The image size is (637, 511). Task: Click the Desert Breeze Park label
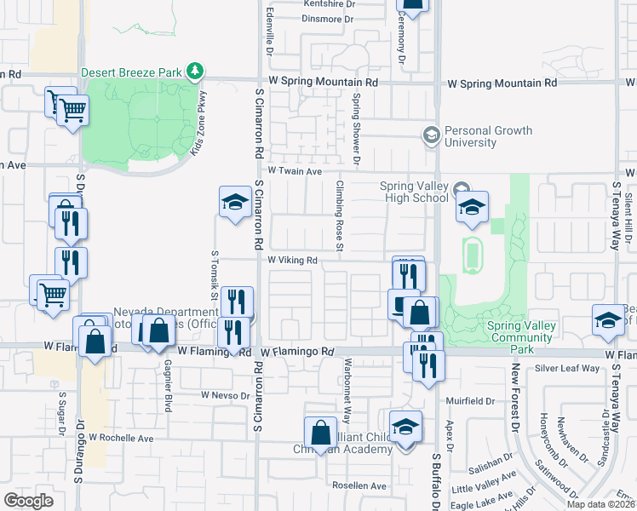point(131,72)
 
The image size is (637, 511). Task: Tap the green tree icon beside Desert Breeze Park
point(196,71)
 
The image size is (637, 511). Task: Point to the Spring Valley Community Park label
point(521,331)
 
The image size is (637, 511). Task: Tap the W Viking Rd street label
point(293,260)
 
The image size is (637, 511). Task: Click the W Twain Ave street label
point(293,171)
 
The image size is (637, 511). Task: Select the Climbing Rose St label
point(339,216)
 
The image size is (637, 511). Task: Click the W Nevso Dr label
point(227,395)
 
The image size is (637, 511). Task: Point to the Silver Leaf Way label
point(566,368)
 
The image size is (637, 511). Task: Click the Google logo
point(28,500)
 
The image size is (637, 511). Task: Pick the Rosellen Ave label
point(360,485)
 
